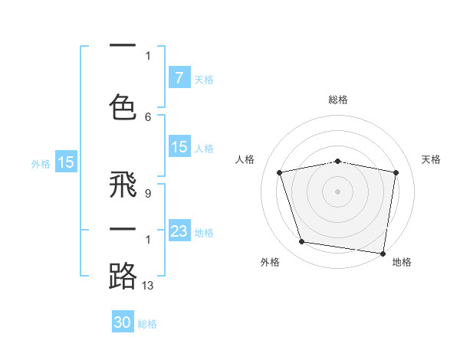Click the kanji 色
tap(123, 106)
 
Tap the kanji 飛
tap(123, 187)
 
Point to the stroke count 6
tap(148, 116)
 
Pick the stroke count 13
tap(149, 286)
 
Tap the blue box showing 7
tap(179, 77)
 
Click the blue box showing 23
tap(179, 231)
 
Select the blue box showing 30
tap(123, 322)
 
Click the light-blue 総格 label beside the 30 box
tap(147, 324)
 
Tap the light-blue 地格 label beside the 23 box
tap(204, 232)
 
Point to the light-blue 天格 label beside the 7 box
tap(204, 79)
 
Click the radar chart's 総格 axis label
tap(338, 100)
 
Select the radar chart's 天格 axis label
tap(432, 159)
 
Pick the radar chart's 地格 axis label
tap(402, 263)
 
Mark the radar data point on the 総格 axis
tap(338, 161)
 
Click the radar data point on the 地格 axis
tap(383, 253)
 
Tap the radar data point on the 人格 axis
tap(280, 172)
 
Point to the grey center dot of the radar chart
tap(338, 191)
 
